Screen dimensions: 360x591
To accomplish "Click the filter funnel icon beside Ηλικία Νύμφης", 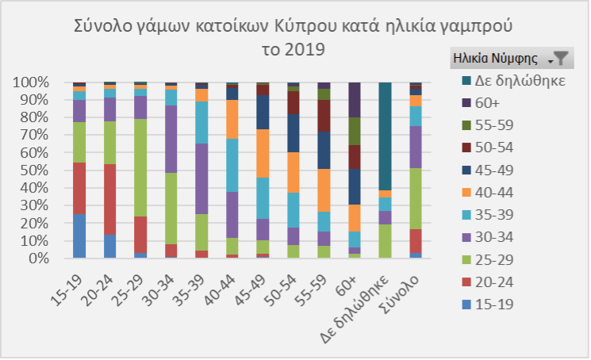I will pos(560,58).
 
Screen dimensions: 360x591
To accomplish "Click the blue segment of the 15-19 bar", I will pos(79,236).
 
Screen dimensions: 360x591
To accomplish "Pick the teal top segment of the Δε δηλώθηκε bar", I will pos(386,135).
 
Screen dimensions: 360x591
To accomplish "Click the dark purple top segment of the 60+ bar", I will pos(355,99).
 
